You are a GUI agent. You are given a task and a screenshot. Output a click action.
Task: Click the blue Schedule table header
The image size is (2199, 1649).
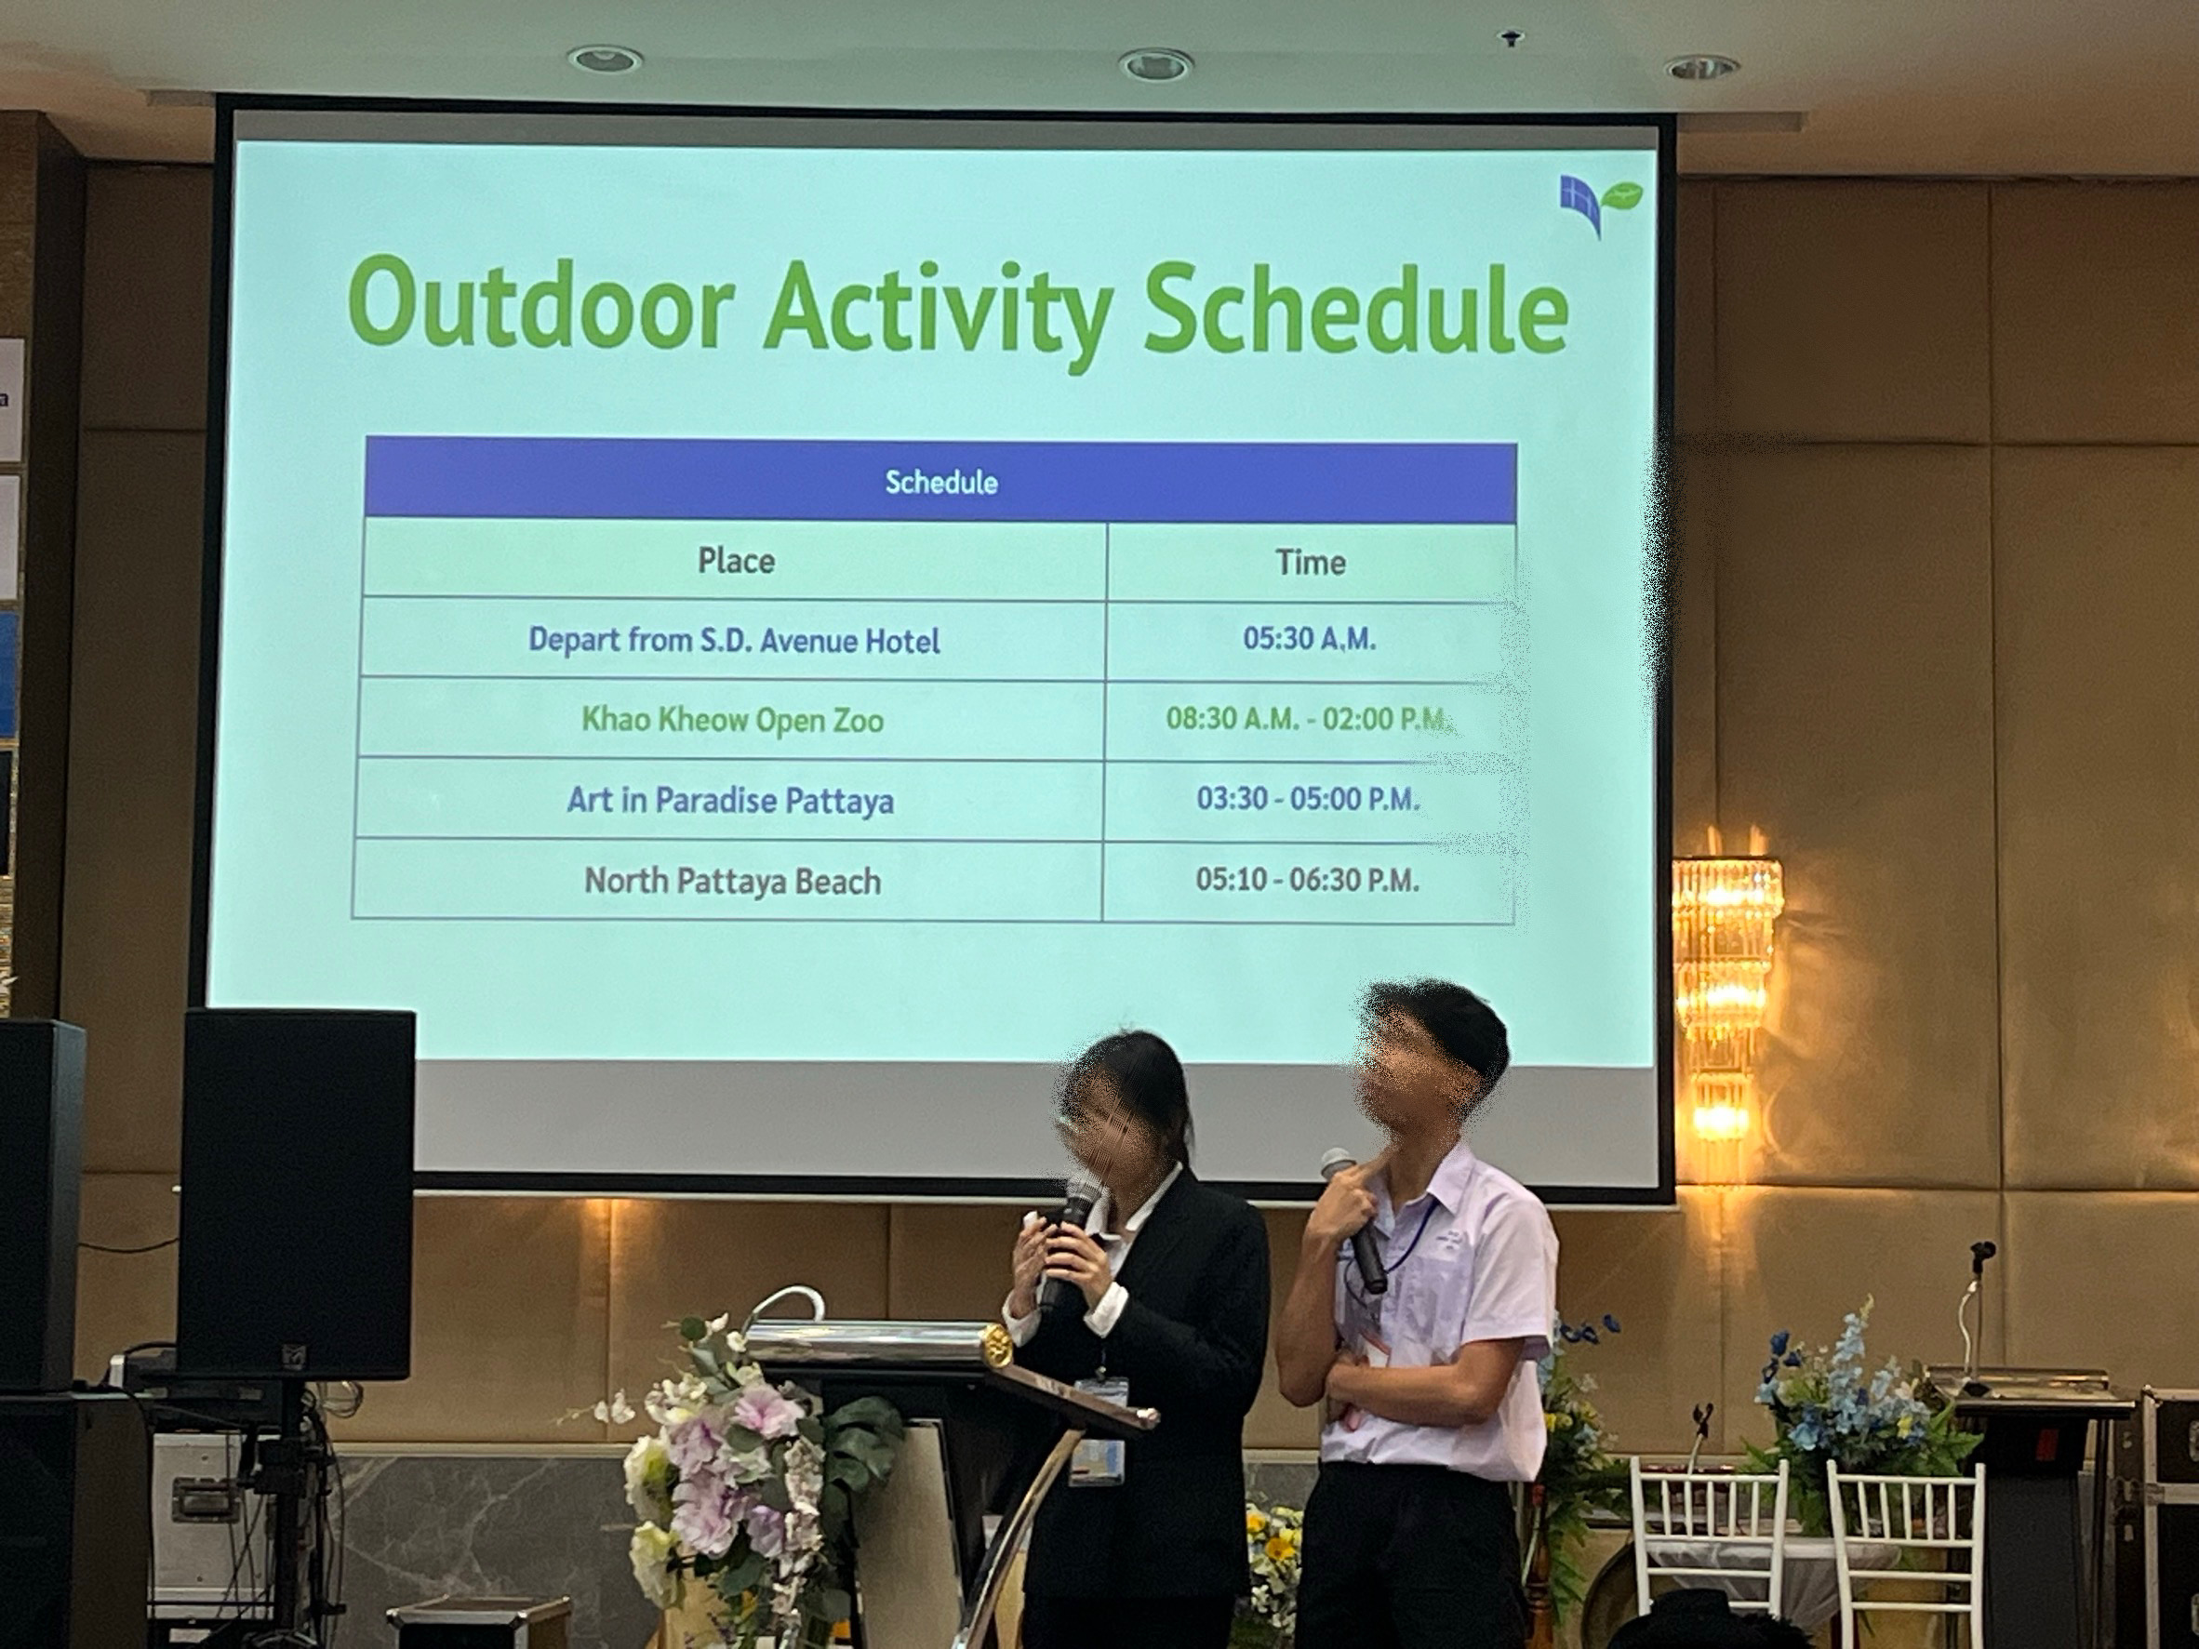pos(940,480)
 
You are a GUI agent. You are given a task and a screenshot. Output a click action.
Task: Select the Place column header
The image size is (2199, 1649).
pos(736,561)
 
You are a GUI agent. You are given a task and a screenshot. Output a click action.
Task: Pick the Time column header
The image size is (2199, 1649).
pos(1311,563)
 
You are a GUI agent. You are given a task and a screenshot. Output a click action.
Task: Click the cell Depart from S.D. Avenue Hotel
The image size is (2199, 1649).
pos(734,639)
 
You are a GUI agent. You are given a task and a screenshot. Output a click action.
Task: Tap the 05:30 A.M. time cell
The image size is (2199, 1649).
pos(1309,639)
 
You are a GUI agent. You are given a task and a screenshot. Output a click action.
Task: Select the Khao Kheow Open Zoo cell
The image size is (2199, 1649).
pos(733,720)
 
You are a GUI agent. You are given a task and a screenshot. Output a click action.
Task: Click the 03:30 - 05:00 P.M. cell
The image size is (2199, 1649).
pos(1307,799)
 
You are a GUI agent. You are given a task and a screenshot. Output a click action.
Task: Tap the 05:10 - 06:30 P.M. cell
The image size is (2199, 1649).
pos(1307,880)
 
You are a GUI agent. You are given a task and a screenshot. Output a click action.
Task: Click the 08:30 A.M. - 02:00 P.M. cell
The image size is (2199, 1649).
pos(1309,719)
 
